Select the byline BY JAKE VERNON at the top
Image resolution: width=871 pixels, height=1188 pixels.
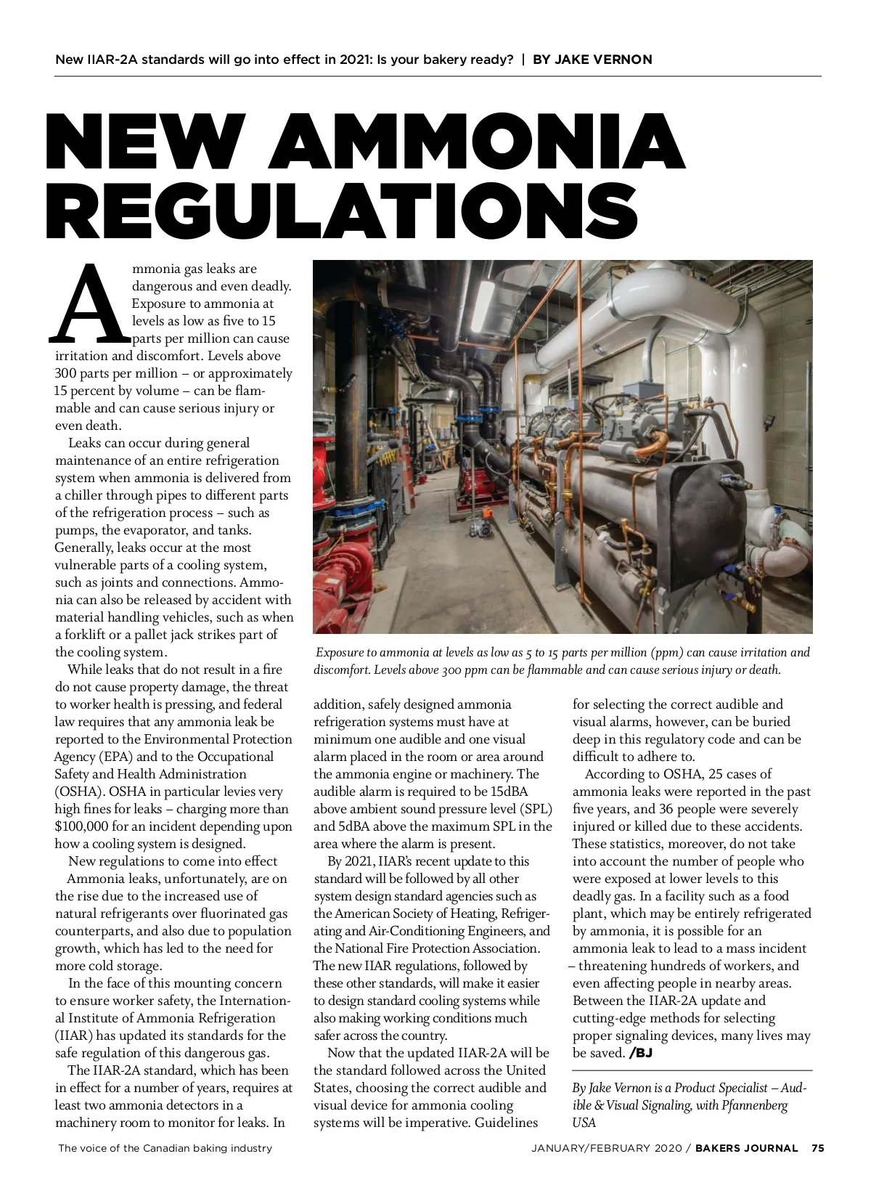[592, 60]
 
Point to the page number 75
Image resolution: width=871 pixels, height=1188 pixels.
[817, 1148]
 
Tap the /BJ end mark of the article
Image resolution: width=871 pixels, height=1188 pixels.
[641, 1053]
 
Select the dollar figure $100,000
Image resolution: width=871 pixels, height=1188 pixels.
[81, 826]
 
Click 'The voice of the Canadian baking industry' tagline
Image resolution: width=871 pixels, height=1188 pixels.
[165, 1148]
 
